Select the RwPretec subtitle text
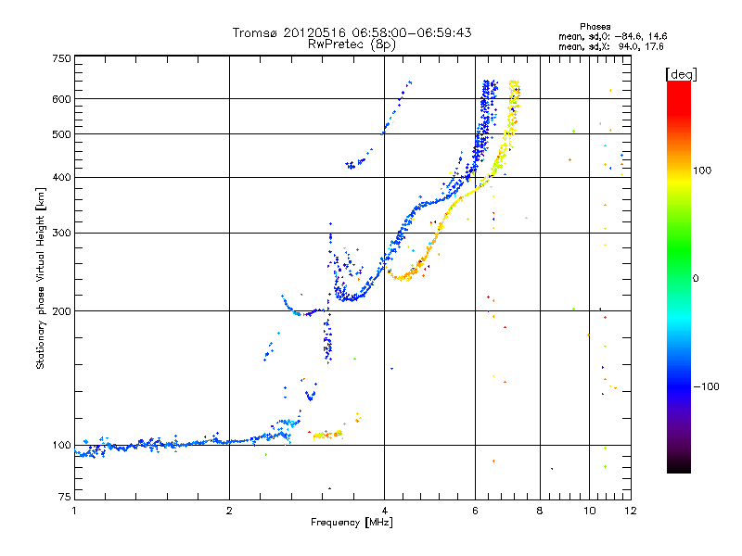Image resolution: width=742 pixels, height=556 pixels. click(x=336, y=44)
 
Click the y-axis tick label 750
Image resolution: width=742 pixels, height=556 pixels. click(x=60, y=57)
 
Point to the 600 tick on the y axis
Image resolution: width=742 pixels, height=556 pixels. click(x=60, y=99)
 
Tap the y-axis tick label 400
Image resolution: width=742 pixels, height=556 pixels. click(x=60, y=177)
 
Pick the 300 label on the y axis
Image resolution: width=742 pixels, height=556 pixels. click(x=60, y=233)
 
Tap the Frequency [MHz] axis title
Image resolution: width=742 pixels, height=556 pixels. click(x=351, y=524)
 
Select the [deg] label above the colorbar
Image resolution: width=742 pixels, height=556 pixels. click(x=682, y=73)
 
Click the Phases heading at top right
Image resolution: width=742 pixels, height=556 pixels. click(x=595, y=26)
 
